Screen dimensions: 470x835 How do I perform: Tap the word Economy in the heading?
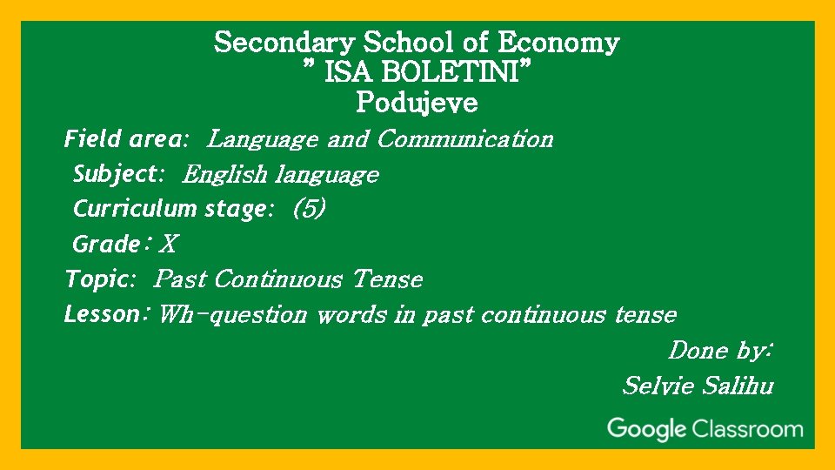[559, 43]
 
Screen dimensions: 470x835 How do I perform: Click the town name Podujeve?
[417, 104]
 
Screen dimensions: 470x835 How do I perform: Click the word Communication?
[465, 139]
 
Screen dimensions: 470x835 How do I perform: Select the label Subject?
[118, 174]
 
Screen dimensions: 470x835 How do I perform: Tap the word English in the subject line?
[225, 175]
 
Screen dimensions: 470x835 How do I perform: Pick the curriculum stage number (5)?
[310, 209]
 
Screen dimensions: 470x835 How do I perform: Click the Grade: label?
[110, 244]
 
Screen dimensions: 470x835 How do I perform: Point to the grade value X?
[168, 245]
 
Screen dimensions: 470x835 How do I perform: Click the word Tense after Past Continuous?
[388, 279]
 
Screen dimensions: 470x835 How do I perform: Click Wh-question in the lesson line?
[233, 315]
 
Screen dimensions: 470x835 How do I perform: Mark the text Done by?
[720, 351]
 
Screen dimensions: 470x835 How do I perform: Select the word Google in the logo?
[646, 429]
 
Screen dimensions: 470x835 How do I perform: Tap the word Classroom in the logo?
[747, 429]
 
